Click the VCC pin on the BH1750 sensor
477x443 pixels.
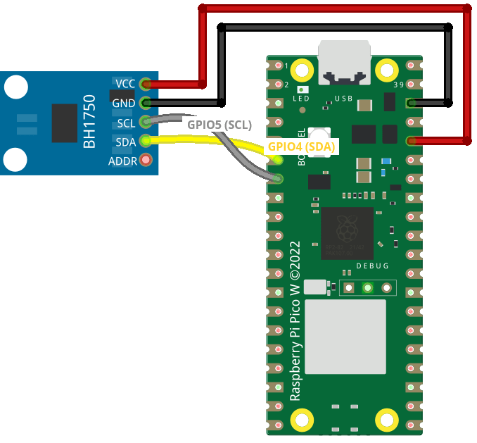146,84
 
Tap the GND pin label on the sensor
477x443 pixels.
124,103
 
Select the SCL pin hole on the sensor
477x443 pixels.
146,122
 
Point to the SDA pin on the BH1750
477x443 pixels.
146,141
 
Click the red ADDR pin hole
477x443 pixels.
146,161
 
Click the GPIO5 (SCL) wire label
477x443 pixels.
219,124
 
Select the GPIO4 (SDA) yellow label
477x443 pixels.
301,147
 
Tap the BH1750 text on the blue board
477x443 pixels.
90,121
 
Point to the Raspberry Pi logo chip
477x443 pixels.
347,233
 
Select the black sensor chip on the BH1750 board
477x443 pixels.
64,122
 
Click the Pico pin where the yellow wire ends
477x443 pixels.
278,160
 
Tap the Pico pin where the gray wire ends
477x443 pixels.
278,179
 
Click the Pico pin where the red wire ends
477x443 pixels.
411,141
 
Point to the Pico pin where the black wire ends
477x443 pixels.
411,103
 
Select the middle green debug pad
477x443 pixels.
367,287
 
